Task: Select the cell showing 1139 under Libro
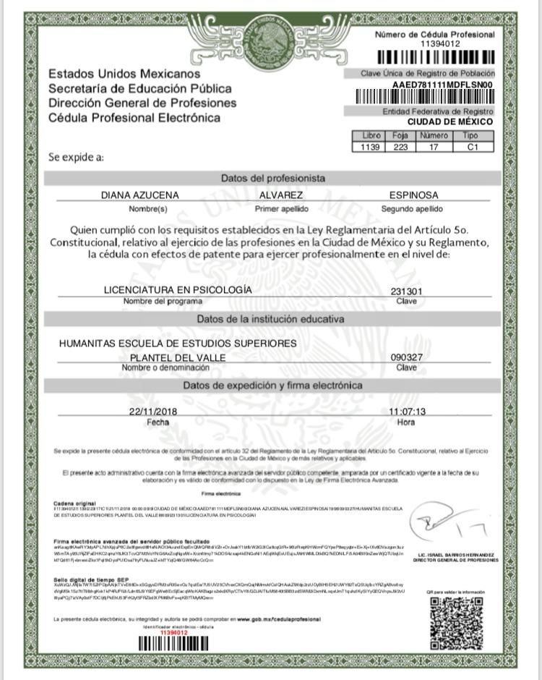369,147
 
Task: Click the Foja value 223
400,147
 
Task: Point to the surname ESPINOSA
413,195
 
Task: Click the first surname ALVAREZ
281,195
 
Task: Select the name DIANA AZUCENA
139,195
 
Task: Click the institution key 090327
406,357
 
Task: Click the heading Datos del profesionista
272,178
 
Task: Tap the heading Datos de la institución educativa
272,319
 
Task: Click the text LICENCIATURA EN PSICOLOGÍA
178,290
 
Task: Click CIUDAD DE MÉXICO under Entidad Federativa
449,122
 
